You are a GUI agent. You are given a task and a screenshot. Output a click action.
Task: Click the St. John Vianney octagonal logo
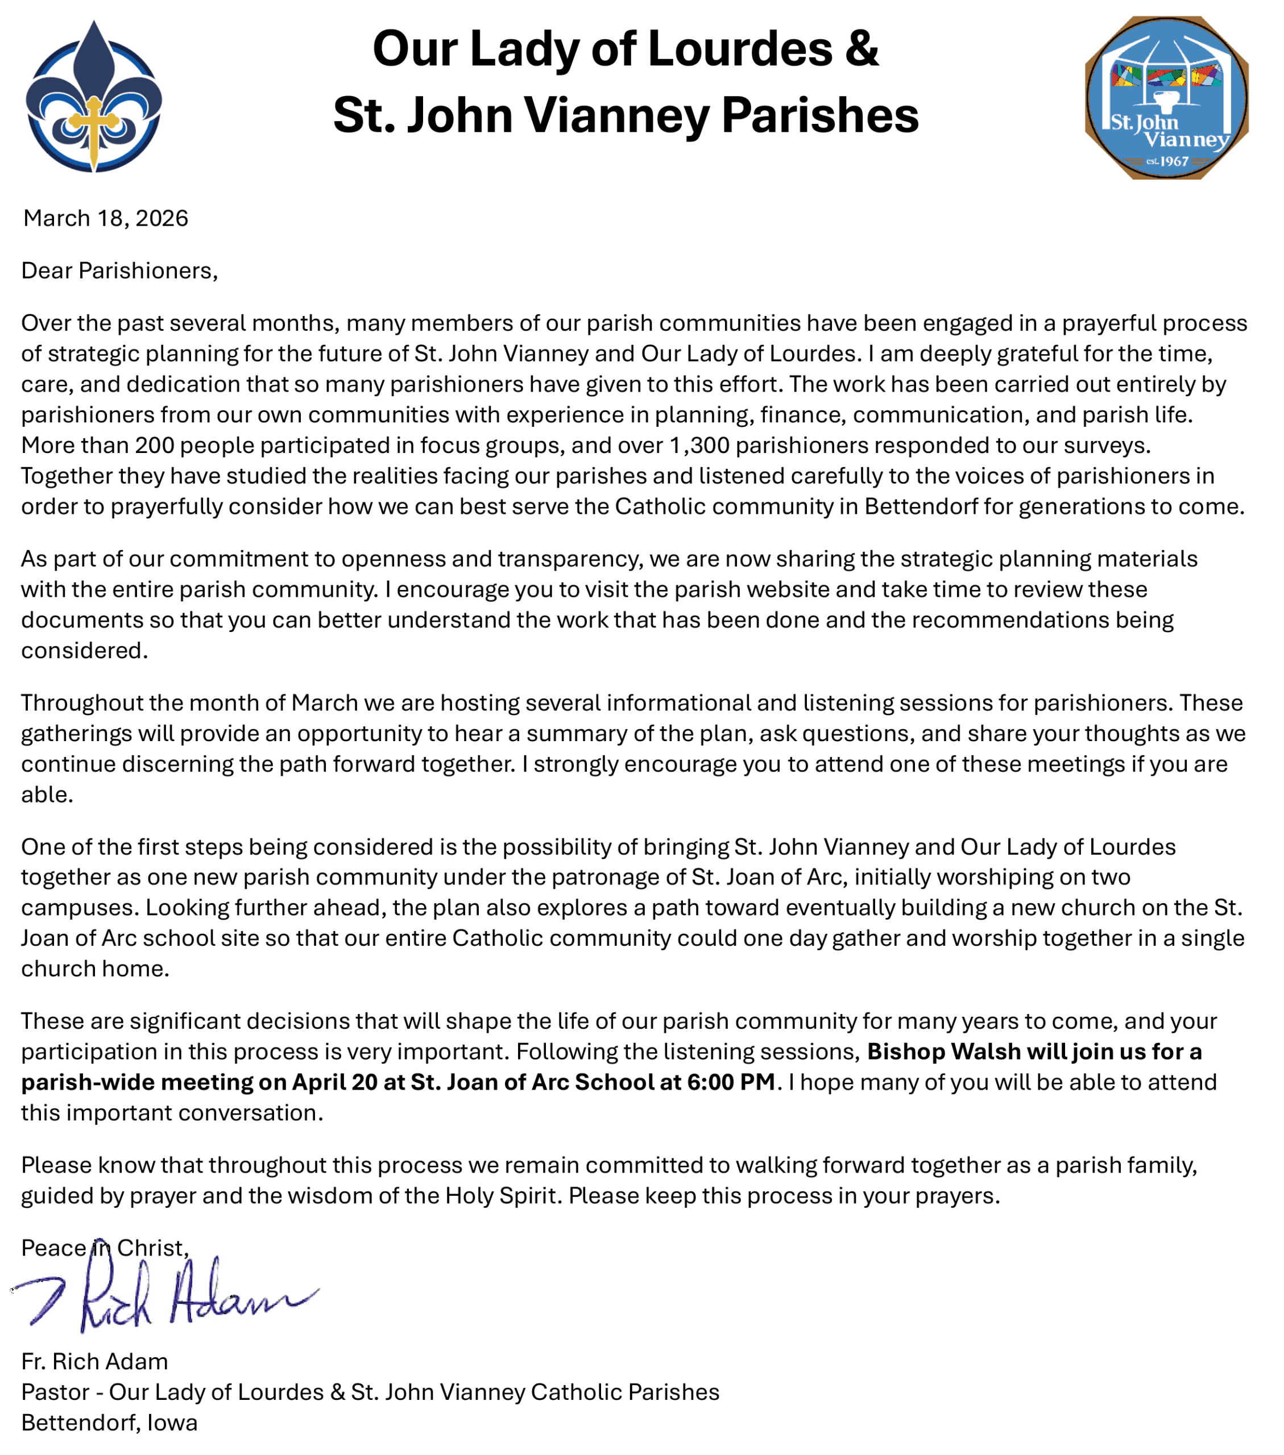1166,98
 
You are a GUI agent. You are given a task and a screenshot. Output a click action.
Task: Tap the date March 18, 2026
105,218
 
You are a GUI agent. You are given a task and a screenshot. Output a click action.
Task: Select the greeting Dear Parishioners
119,271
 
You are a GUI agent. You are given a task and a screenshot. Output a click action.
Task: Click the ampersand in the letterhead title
863,48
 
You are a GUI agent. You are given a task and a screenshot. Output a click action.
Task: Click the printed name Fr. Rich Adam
95,1361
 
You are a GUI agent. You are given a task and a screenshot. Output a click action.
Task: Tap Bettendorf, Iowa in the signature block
109,1422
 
